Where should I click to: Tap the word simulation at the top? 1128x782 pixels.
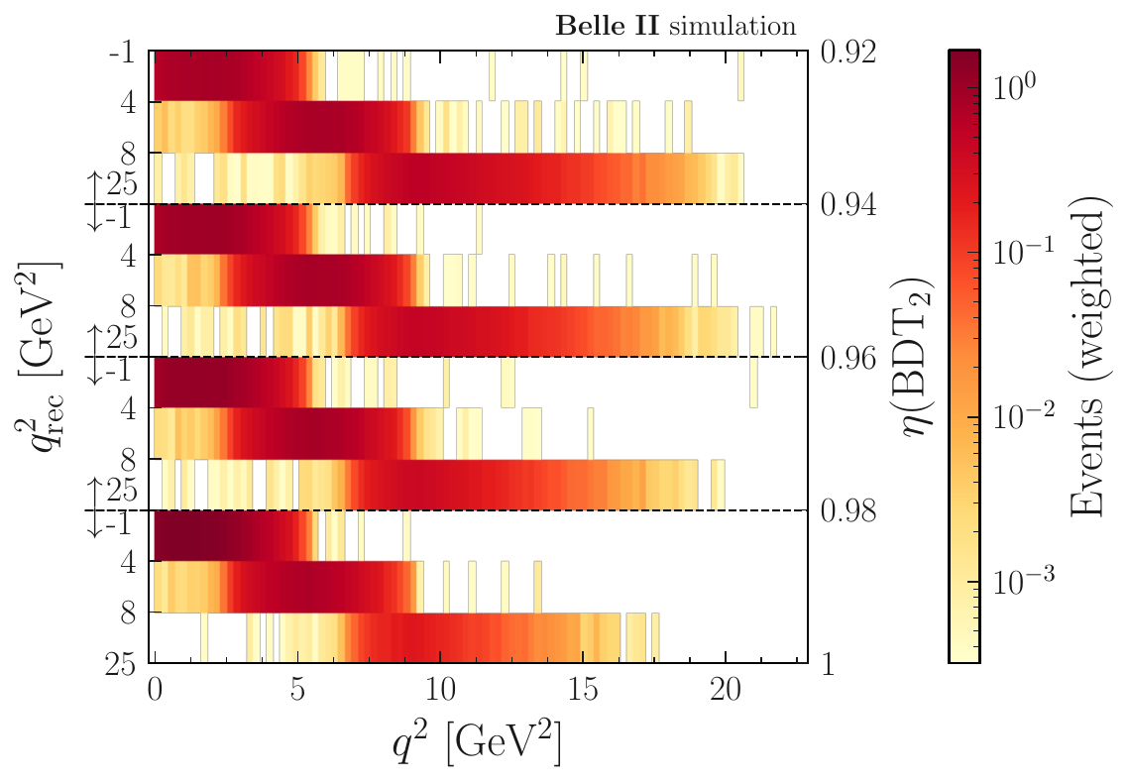click(x=733, y=26)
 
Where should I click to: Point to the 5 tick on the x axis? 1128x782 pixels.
click(x=297, y=687)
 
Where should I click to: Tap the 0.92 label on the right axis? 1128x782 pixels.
click(x=848, y=51)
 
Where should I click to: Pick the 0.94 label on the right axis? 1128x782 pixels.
click(x=848, y=204)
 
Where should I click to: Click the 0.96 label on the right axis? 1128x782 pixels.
click(x=848, y=357)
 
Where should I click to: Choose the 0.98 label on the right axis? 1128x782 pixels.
click(x=848, y=510)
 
